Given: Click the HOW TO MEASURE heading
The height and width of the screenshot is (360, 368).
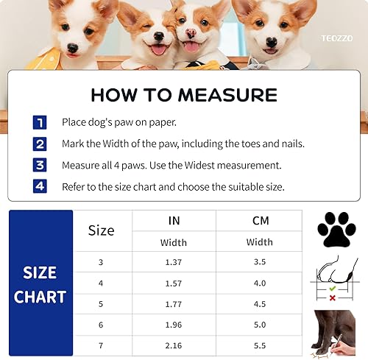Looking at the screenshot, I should (184, 95).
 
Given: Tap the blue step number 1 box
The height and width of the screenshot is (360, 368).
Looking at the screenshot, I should (39, 123).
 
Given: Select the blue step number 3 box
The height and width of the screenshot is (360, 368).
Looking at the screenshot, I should (39, 166).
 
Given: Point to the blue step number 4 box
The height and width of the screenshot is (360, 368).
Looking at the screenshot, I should (39, 187).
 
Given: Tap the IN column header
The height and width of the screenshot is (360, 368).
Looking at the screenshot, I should (174, 220).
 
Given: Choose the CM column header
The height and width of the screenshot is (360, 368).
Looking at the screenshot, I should (259, 220).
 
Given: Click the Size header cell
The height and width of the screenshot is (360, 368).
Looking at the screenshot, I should (102, 230).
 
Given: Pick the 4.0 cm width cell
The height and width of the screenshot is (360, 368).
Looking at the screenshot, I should (259, 283).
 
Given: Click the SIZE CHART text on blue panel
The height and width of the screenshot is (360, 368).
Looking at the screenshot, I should (40, 285).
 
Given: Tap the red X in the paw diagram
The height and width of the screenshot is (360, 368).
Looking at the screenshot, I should (333, 297).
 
